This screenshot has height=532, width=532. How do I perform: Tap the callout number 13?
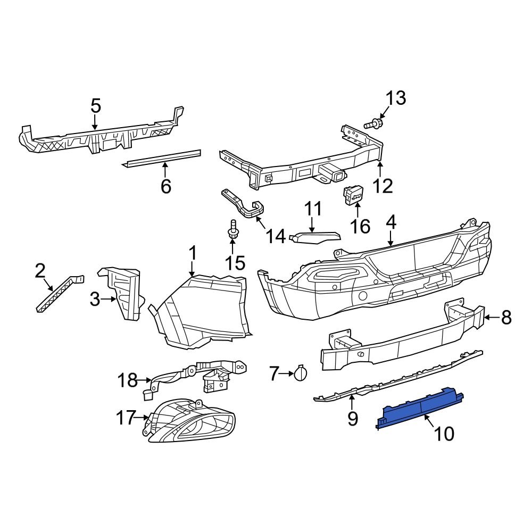tap(395, 98)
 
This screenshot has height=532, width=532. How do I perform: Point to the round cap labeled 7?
tap(300, 374)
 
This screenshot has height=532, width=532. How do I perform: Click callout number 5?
tap(95, 106)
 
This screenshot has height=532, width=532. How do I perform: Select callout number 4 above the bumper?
tap(391, 222)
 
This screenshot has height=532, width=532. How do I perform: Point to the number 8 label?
tap(506, 318)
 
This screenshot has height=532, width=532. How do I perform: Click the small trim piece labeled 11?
tap(315, 236)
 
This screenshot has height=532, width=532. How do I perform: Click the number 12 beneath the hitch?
tap(383, 186)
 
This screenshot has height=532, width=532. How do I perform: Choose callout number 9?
tap(353, 419)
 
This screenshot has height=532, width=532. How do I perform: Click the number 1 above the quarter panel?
tap(193, 253)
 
